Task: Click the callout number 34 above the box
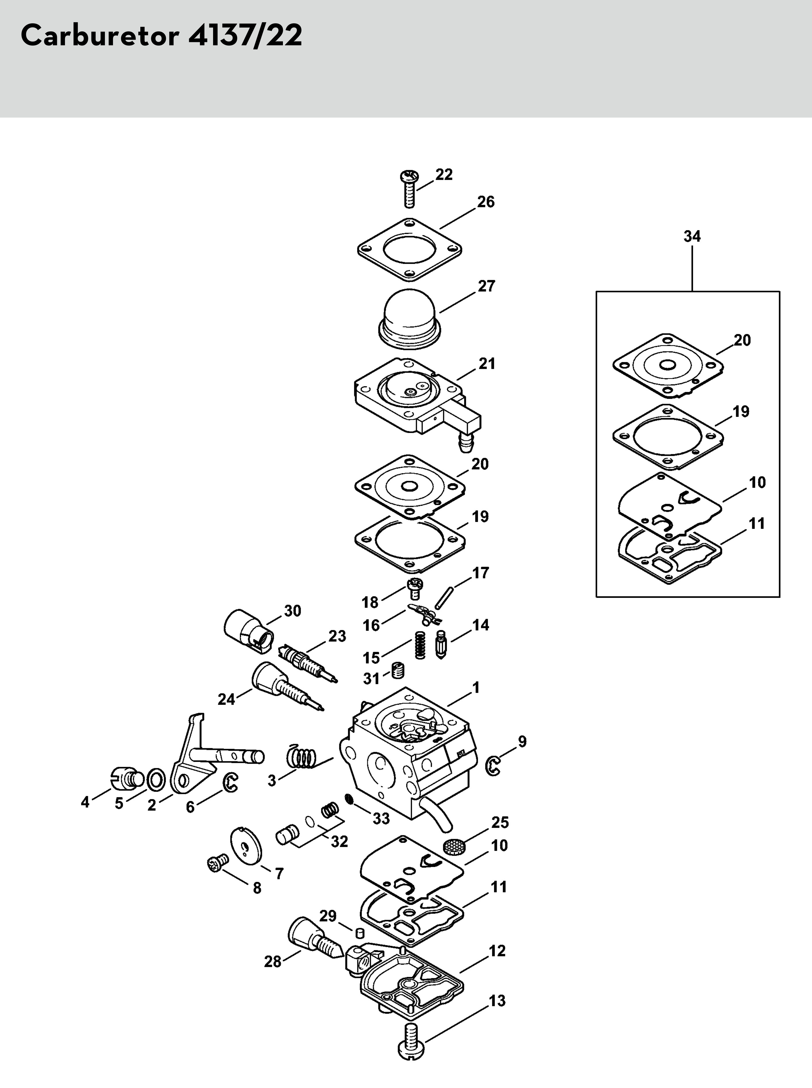click(x=692, y=236)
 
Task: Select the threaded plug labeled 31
click(x=398, y=670)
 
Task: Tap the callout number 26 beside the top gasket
click(x=486, y=202)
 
